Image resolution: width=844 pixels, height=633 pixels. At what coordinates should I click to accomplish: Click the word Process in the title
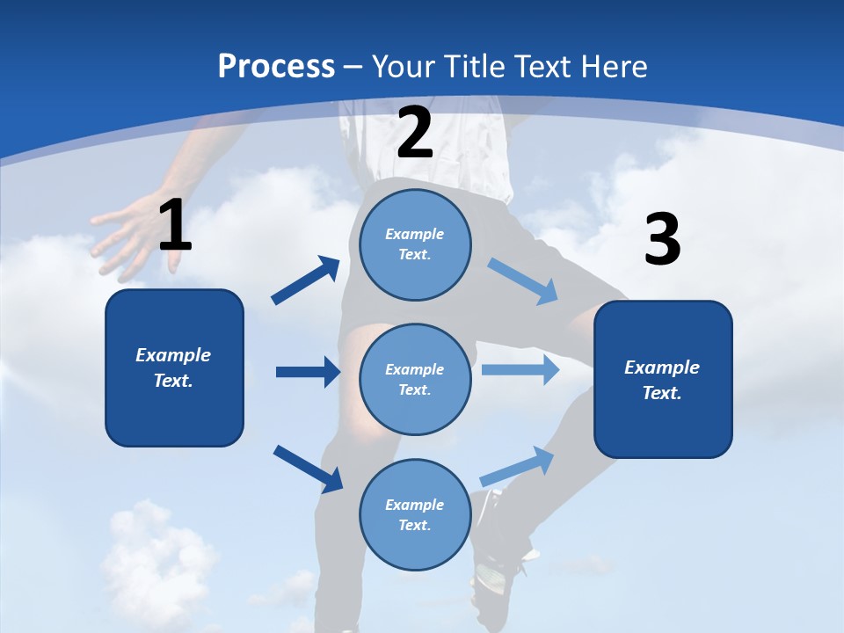coord(276,66)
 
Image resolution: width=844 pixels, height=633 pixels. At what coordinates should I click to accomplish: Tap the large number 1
coord(174,226)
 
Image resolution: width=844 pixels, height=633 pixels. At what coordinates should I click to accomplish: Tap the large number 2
coord(415,132)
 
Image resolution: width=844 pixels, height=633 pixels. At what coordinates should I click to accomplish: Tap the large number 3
coord(662,240)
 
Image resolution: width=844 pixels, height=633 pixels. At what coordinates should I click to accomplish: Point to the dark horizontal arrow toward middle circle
coord(308,372)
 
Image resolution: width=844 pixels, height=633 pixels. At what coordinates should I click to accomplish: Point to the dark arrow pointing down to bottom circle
coord(308,469)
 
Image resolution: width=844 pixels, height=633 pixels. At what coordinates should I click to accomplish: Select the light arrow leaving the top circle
coord(523,281)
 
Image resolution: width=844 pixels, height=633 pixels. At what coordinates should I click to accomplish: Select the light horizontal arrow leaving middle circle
coord(520,369)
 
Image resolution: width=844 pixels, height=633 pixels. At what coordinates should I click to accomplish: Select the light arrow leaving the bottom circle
coord(518,466)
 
